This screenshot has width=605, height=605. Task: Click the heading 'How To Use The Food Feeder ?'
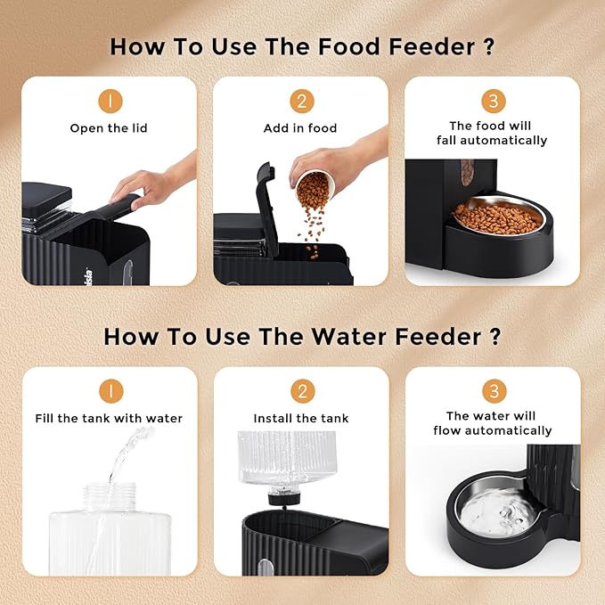(302, 47)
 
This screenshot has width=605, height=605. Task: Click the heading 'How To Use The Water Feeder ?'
(302, 337)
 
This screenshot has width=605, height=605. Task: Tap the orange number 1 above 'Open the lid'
(109, 102)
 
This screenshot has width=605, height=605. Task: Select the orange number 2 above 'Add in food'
(300, 102)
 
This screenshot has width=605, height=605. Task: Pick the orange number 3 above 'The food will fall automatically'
(492, 100)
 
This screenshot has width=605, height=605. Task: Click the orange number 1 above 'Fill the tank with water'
(109, 391)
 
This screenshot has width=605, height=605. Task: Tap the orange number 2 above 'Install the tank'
(301, 391)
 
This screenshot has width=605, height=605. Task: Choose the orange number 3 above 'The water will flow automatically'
(492, 389)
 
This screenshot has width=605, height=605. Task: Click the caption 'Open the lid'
(109, 128)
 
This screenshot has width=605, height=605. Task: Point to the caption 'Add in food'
(300, 128)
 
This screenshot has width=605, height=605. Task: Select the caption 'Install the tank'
(301, 418)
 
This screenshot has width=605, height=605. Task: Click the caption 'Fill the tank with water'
(109, 418)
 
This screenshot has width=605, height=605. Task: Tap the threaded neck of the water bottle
(109, 494)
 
